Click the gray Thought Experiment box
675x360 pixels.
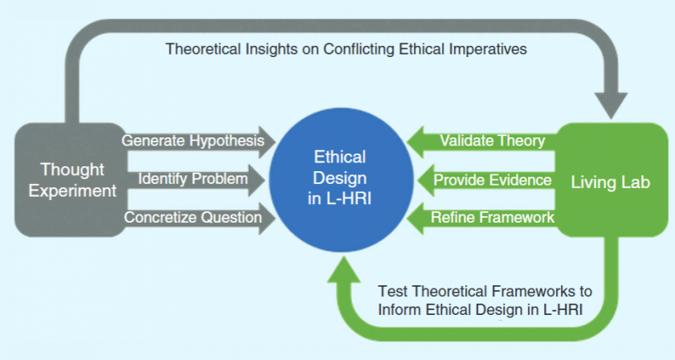pos(71,180)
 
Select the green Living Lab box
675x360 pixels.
pos(612,180)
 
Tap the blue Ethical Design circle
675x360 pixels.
pos(341,179)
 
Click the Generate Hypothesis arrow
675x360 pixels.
pos(198,141)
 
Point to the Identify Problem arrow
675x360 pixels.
pos(194,179)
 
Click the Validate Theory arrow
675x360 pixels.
pos(481,141)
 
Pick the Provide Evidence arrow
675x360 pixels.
pos(486,180)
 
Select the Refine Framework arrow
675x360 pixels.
pos(481,218)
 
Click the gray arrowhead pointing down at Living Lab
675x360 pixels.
pos(611,104)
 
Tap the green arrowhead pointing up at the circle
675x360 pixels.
pos(344,269)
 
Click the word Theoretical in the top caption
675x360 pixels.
pos(203,49)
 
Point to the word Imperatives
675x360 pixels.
pos(488,49)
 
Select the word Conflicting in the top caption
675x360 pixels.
pos(359,49)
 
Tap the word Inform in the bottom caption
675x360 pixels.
pos(399,309)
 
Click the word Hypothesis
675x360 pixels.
pos(227,141)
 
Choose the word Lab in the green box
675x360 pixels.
pos(635,182)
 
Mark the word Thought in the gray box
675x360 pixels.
pos(72,170)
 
